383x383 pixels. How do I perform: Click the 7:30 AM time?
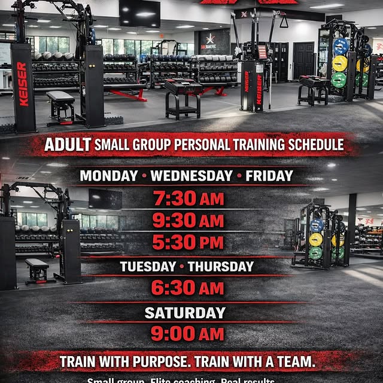pos(189,199)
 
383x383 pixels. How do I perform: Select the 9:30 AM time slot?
pos(189,220)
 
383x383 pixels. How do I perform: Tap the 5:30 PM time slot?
pos(189,242)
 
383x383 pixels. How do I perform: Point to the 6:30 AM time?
pos(187,288)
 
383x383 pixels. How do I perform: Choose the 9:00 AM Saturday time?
pos(187,333)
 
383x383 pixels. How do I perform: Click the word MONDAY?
pos(109,176)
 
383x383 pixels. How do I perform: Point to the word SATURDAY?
pos(185,312)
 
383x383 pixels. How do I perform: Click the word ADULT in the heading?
pos(68,144)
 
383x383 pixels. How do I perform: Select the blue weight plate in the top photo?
pos(341,47)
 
